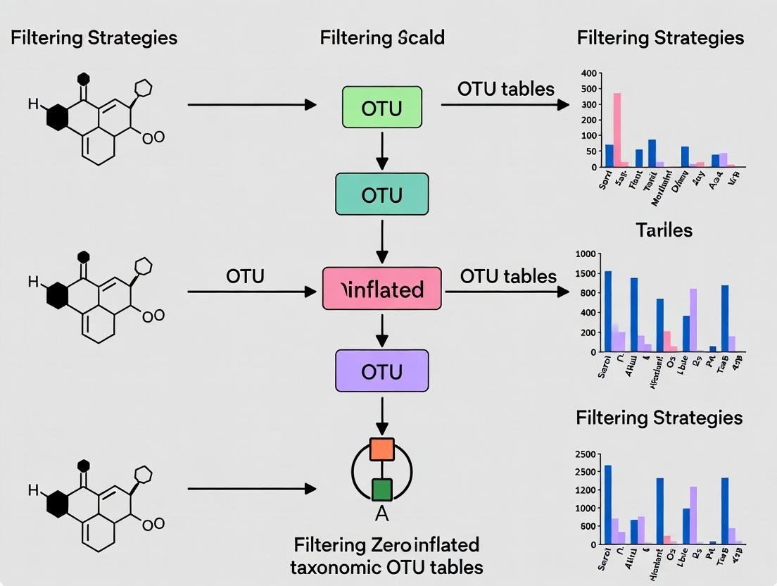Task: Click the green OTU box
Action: click(382, 108)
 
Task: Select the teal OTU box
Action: click(382, 194)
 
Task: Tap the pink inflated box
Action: click(382, 289)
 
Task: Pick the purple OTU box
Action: click(382, 371)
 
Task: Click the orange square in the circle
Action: click(381, 449)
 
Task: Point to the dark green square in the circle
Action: click(381, 490)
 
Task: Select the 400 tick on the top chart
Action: click(589, 73)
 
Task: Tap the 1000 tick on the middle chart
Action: click(586, 254)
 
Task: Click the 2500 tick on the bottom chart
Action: click(586, 454)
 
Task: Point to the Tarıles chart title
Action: click(664, 230)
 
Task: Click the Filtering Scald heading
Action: click(382, 37)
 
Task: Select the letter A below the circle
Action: click(381, 514)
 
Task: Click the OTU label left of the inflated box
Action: click(246, 276)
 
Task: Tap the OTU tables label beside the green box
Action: click(505, 89)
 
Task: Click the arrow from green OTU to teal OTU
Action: click(382, 151)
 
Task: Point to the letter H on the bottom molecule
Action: click(33, 490)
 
